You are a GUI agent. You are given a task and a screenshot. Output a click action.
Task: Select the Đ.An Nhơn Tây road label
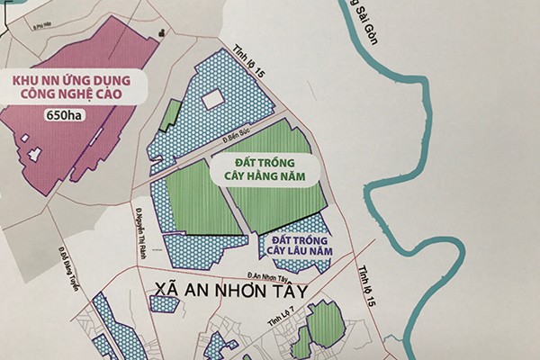pyautogui.click(x=273, y=276)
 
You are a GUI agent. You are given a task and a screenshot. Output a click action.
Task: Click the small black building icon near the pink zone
pyautogui.click(x=163, y=33)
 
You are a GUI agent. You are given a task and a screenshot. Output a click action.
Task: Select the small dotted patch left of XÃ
pyautogui.click(x=165, y=303)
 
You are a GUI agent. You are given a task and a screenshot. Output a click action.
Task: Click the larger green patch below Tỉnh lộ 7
pyautogui.click(x=327, y=326)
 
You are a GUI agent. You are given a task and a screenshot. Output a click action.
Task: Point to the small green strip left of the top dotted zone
pyautogui.click(x=168, y=113)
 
